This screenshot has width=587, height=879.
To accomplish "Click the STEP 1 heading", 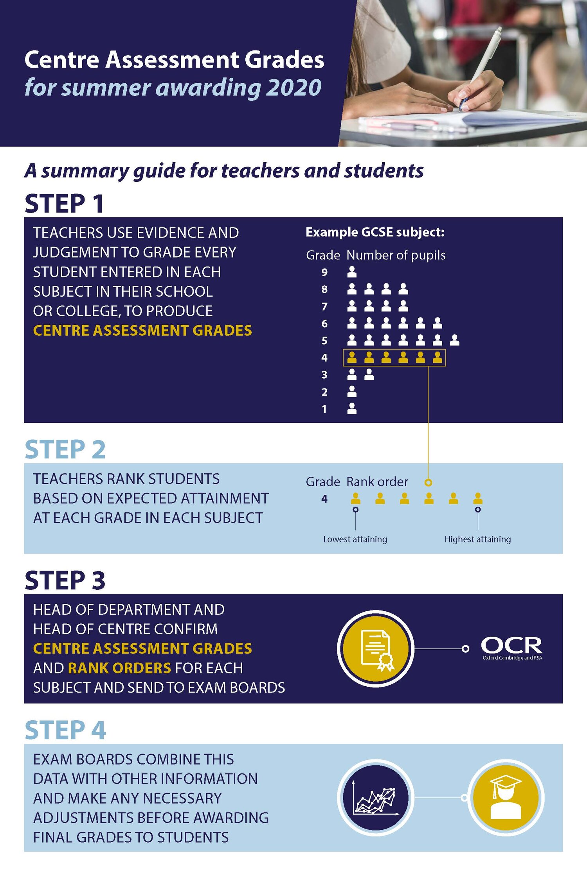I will tap(65, 204).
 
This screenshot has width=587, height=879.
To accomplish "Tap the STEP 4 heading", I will tap(65, 730).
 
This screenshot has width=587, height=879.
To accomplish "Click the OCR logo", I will tap(511, 648).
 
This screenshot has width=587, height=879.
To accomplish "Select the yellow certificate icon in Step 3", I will tap(376, 648).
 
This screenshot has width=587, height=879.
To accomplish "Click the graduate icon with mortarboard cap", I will tap(506, 798).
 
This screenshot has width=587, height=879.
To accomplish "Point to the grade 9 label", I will tap(324, 272).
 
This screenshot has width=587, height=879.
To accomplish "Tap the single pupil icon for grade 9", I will tap(352, 272).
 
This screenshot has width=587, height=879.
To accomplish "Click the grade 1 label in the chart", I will tap(324, 409).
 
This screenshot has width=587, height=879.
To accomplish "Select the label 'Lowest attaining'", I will tap(355, 539).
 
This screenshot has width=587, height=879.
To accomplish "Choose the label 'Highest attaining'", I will tap(477, 539).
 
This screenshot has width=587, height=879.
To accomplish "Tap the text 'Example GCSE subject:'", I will tap(375, 232).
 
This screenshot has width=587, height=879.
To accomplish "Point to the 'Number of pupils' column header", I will tap(396, 255).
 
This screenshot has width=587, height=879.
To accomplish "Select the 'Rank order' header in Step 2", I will tap(377, 482).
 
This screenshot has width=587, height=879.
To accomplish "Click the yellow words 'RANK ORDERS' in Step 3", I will tap(120, 668).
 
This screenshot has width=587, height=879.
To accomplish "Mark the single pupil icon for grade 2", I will tap(352, 391).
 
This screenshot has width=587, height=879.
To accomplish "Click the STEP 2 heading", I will tap(65, 449).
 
